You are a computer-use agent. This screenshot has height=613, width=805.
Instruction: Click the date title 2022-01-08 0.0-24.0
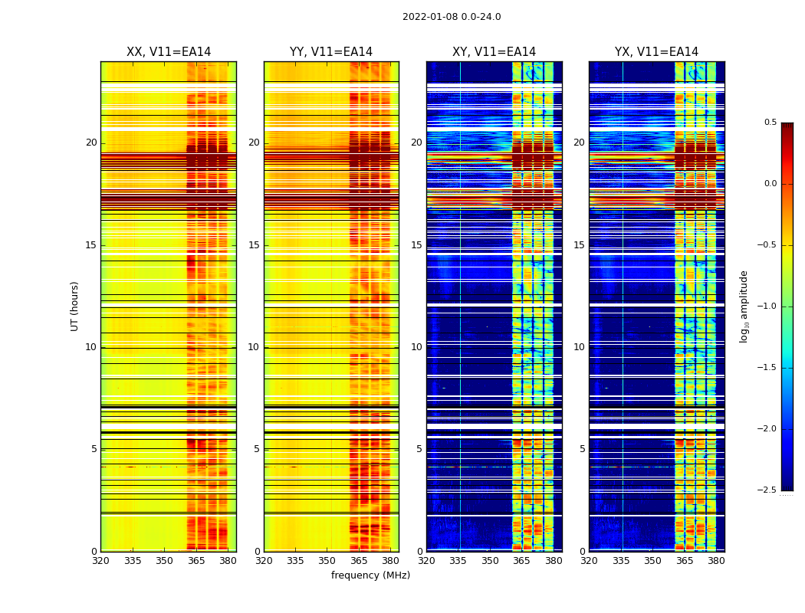pyautogui.click(x=452, y=17)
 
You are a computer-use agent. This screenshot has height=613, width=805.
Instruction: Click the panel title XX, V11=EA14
pyautogui.click(x=169, y=52)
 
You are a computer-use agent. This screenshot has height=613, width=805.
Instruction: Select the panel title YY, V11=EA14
pyautogui.click(x=331, y=52)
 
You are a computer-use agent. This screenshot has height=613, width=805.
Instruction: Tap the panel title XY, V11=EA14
pyautogui.click(x=494, y=52)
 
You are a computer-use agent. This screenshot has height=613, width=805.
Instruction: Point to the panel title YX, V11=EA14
pyautogui.click(x=656, y=52)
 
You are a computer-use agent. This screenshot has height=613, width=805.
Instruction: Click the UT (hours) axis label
pyautogui.click(x=75, y=306)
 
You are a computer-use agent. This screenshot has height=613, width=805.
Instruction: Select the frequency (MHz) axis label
pyautogui.click(x=370, y=575)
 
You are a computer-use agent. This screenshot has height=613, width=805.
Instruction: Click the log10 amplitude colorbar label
pyautogui.click(x=744, y=306)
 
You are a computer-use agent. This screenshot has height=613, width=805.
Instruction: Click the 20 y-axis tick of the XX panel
pyautogui.click(x=91, y=143)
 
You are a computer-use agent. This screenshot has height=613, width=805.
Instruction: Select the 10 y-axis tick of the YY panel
pyautogui.click(x=254, y=347)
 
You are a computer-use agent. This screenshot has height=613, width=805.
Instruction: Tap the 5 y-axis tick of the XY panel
pyautogui.click(x=419, y=449)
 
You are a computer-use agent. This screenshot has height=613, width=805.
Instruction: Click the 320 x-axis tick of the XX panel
pyautogui.click(x=100, y=561)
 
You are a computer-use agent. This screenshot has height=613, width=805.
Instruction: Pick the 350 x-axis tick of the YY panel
pyautogui.click(x=327, y=561)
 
